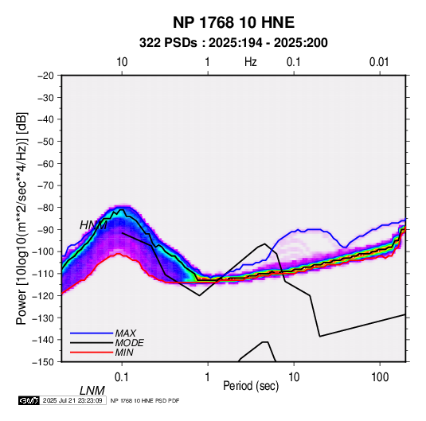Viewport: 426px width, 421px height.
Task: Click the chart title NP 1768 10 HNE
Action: click(233, 22)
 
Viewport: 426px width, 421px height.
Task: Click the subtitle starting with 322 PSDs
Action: click(233, 43)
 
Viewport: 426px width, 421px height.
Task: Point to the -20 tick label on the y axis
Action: click(45, 76)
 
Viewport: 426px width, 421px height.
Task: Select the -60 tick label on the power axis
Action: click(45, 163)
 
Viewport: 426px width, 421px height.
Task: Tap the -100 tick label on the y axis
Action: click(43, 251)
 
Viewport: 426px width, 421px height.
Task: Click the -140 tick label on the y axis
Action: click(43, 340)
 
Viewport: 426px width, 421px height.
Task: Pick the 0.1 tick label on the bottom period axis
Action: click(122, 377)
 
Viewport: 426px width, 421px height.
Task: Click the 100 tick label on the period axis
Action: click(380, 377)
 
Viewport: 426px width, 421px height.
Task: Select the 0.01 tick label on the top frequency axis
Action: click(379, 62)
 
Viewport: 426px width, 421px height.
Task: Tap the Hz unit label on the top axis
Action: click(251, 62)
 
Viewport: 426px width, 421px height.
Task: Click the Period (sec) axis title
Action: click(251, 386)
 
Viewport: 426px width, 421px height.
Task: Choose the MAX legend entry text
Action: click(126, 333)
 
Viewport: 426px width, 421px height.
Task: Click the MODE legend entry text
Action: click(129, 343)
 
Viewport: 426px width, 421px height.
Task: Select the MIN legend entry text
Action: click(124, 353)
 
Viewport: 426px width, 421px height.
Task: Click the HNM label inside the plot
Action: click(93, 225)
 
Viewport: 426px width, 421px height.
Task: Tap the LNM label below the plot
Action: click(92, 391)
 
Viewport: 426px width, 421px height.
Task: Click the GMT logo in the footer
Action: click(29, 400)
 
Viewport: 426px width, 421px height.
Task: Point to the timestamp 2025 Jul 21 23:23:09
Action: click(72, 400)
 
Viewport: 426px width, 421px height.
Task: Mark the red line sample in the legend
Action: click(92, 353)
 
